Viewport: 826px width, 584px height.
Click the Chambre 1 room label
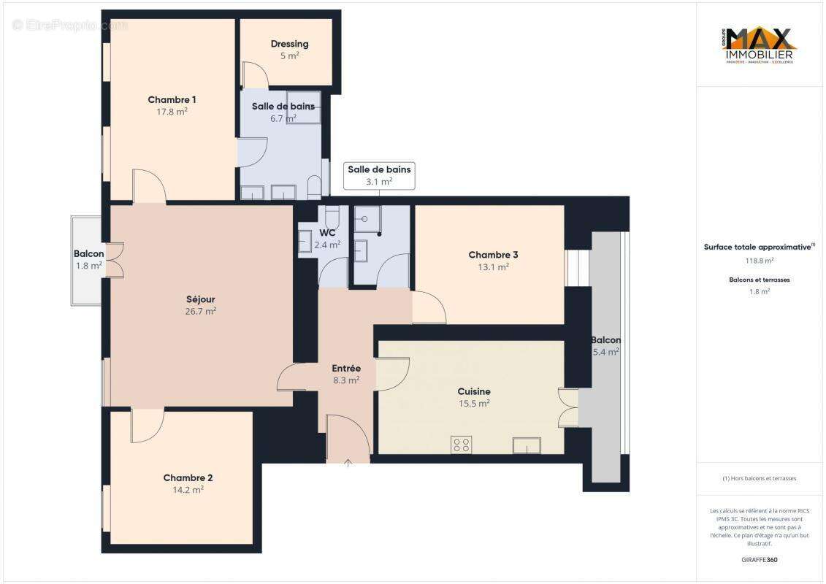pos(172,100)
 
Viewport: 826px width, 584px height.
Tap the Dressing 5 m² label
pos(289,49)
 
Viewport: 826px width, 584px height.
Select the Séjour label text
pos(200,299)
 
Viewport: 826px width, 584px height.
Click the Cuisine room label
pos(474,391)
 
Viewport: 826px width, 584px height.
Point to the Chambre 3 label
pos(493,255)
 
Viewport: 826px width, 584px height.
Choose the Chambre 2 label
pos(188,478)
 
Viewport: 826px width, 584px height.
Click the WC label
pos(327,233)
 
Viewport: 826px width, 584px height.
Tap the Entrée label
pos(346,369)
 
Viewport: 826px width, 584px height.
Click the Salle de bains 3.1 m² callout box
pos(379,175)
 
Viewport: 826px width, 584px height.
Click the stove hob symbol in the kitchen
pos(461,445)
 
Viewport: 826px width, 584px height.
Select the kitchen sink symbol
pos(527,445)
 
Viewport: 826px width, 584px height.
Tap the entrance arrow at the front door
pos(348,461)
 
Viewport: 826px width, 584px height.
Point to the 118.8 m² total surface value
pos(760,260)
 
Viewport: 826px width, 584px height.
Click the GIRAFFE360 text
pos(760,560)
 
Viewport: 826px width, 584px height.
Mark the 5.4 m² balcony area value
pos(606,352)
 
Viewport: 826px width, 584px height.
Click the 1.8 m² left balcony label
pos(88,266)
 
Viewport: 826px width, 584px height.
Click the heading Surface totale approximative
pos(757,247)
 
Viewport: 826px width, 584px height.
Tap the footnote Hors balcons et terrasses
pos(760,478)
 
